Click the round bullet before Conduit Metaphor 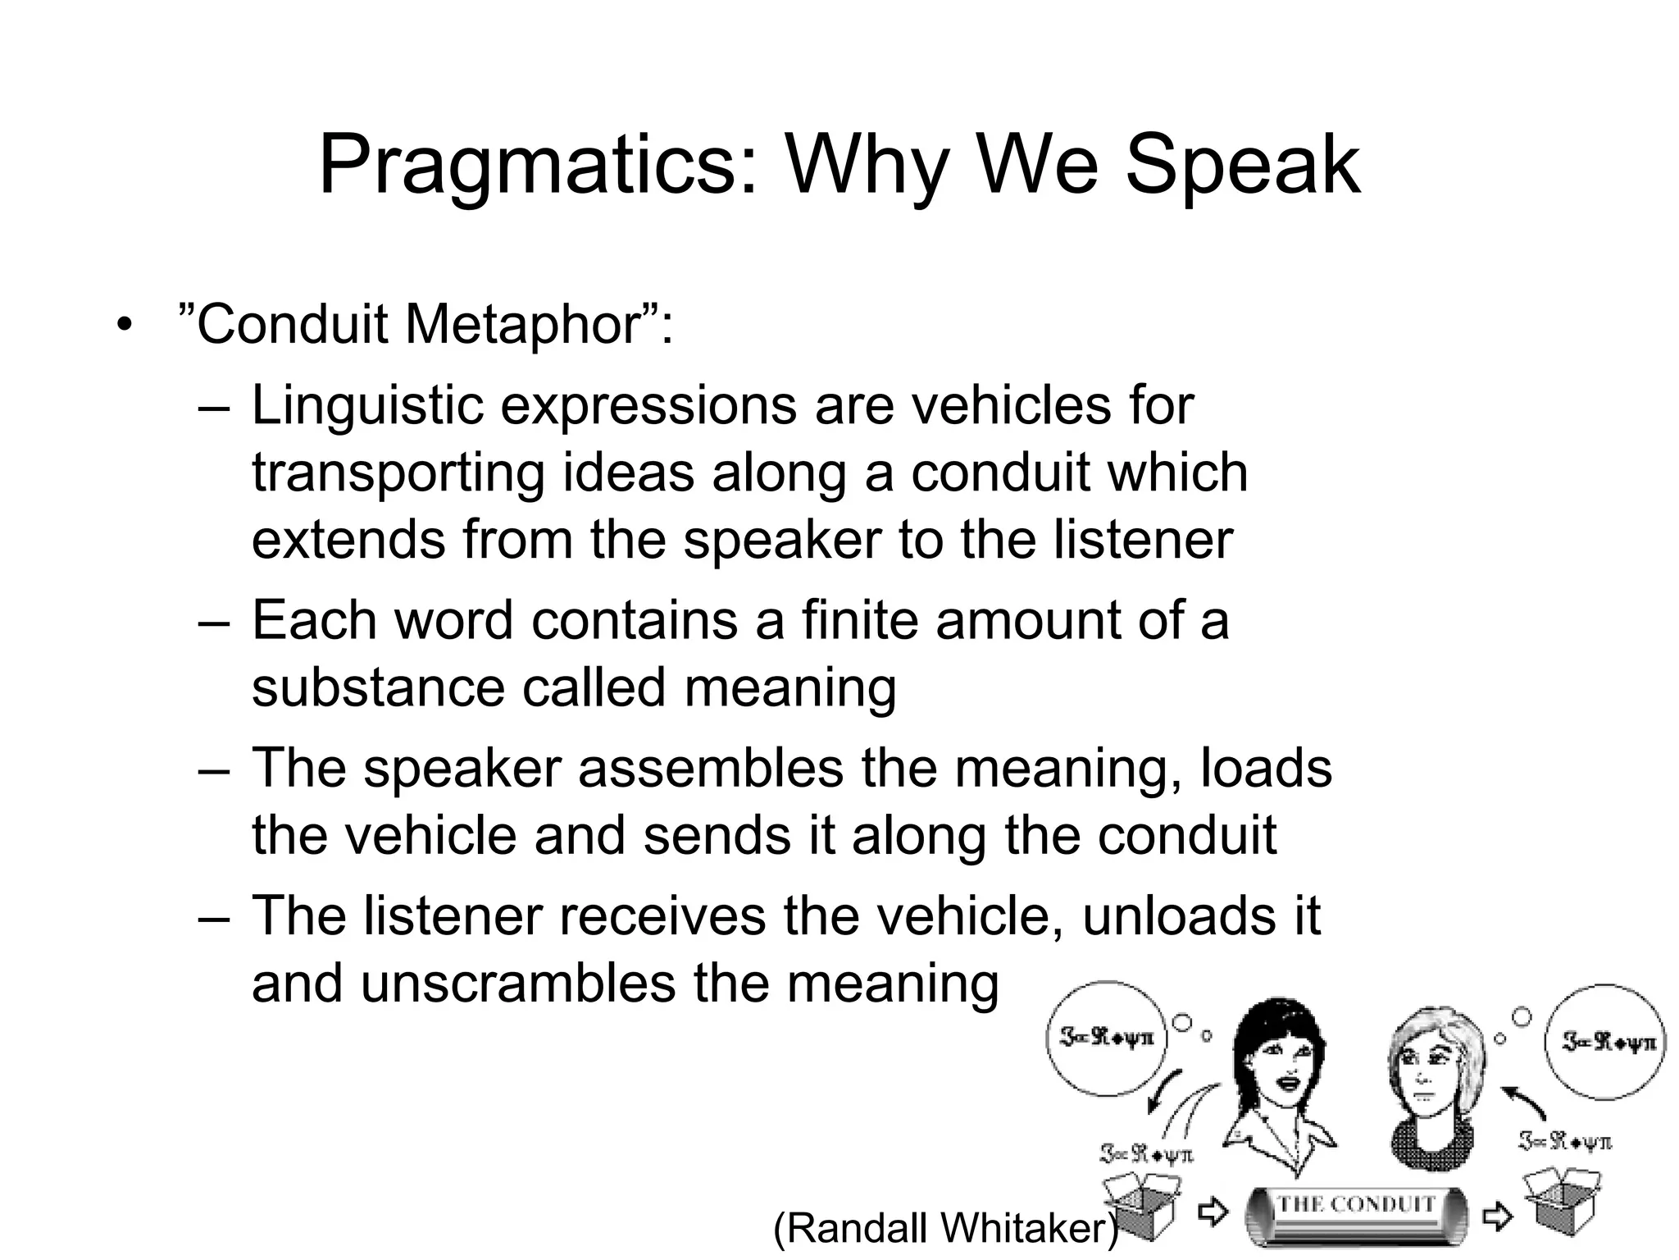124,325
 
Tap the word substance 377,687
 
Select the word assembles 711,769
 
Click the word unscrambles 517,984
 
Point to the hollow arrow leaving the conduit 1497,1216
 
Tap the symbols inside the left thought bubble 1107,1038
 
